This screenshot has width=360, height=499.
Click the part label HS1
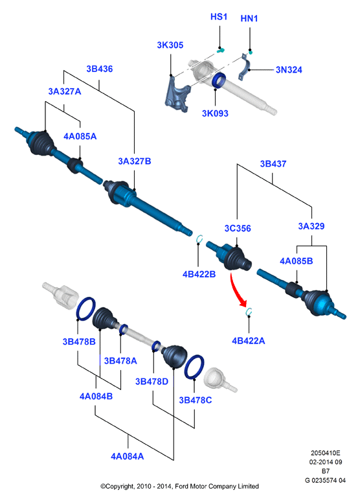(219, 17)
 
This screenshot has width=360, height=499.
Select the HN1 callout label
(249, 18)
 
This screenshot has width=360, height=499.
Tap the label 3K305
(170, 45)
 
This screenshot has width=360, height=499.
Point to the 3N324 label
(289, 70)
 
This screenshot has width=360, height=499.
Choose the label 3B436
(100, 69)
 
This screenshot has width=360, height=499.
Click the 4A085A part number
(80, 137)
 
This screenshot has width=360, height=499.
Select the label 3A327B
(135, 161)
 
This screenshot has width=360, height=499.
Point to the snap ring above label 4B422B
(198, 239)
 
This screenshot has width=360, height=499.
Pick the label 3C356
(238, 229)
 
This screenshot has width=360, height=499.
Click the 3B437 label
(273, 164)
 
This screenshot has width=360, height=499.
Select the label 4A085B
(296, 261)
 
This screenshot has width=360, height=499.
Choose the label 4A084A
(127, 457)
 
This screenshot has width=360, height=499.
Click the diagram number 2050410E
(325, 453)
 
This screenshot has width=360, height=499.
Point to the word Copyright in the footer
(117, 486)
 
